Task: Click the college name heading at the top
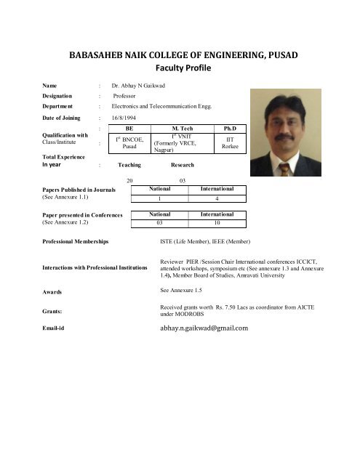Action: (180, 55)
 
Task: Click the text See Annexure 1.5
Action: (186, 290)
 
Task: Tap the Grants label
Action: (33, 311)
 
